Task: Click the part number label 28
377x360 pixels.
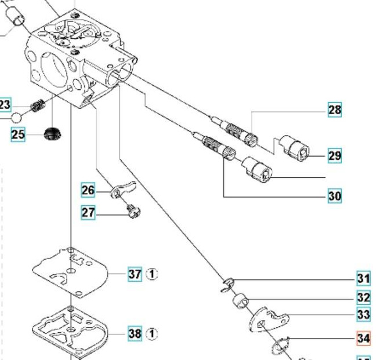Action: point(335,110)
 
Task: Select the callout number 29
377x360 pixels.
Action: point(335,155)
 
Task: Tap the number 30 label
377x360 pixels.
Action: point(335,196)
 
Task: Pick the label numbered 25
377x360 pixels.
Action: point(18,135)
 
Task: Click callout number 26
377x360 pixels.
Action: point(88,190)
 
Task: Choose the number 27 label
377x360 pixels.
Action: point(88,213)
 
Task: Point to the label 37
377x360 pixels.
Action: point(135,274)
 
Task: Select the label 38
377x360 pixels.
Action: point(135,334)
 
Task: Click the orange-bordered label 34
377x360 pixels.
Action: point(364,337)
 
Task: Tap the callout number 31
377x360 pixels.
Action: point(364,279)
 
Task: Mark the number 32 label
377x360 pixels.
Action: point(364,297)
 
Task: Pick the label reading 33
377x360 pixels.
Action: point(364,315)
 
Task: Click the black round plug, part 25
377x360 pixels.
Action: point(53,134)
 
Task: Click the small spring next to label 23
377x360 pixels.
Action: point(37,107)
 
